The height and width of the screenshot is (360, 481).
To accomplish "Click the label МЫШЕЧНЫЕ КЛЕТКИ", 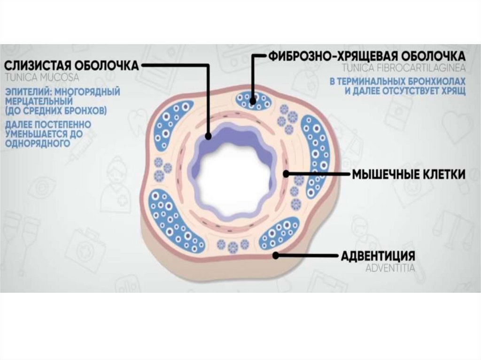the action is (x=409, y=175).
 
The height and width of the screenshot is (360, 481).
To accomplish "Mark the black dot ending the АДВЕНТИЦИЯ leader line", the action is (x=276, y=256).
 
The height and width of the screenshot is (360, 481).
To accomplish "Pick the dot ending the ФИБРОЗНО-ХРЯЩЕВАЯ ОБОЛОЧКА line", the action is (x=253, y=100).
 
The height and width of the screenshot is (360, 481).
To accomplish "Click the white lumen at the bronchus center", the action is (x=233, y=178).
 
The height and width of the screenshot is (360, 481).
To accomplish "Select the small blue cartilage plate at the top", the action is (x=253, y=99).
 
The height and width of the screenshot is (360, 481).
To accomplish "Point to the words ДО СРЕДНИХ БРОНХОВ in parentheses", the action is (x=62, y=111).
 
